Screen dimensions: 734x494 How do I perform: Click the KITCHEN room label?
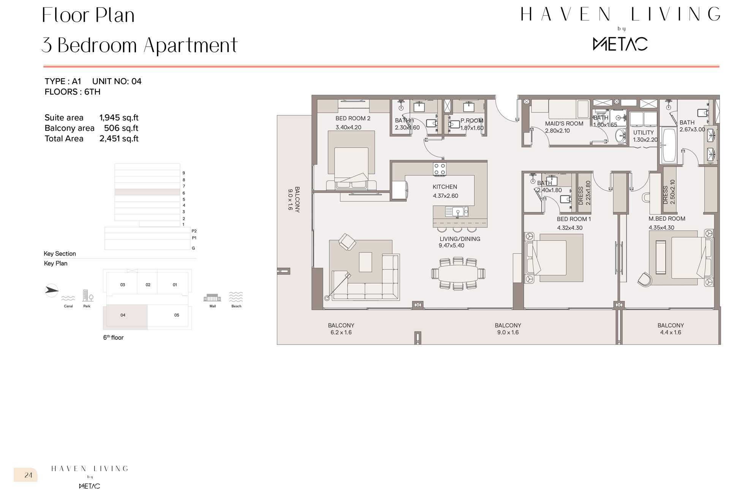(x=445, y=187)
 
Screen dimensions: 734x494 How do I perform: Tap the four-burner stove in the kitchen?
(x=440, y=169)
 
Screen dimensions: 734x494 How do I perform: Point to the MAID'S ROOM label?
(x=564, y=123)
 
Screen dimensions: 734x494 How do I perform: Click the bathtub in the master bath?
(x=669, y=145)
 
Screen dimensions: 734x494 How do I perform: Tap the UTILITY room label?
(x=643, y=133)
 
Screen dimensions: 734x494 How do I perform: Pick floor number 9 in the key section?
(x=184, y=173)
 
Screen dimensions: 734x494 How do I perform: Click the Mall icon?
(x=212, y=298)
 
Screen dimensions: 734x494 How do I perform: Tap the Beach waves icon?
(x=236, y=297)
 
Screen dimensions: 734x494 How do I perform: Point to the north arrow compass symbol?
(x=52, y=291)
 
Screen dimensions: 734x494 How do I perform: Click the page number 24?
(x=28, y=475)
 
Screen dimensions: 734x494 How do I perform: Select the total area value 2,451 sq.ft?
(x=119, y=139)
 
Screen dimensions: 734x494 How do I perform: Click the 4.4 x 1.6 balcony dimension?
(x=671, y=332)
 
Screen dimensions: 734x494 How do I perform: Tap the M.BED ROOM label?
(x=667, y=219)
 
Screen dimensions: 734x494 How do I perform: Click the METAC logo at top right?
(x=620, y=44)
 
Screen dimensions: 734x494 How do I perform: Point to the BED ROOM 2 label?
(x=353, y=119)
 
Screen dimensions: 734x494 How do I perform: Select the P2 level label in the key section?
(x=194, y=231)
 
